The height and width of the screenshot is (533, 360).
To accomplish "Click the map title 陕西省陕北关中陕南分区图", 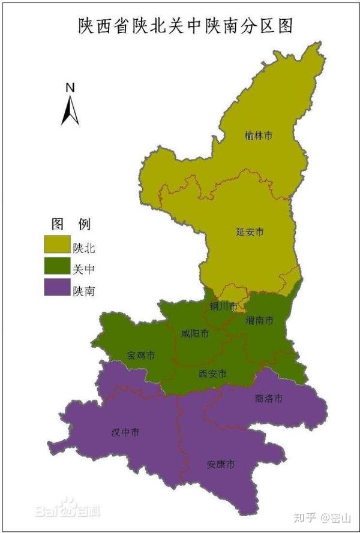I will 181,26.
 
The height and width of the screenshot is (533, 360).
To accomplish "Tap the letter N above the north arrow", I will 70,88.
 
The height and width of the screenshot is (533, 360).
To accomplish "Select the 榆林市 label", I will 259,137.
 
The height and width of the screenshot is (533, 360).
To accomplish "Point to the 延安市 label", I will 250,231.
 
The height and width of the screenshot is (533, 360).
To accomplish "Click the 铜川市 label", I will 223,306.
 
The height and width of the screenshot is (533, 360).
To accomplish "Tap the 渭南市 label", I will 259,321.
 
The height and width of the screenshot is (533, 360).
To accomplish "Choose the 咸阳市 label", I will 195,334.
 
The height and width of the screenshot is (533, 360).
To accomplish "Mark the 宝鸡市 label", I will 141,356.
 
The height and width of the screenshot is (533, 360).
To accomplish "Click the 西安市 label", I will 212,374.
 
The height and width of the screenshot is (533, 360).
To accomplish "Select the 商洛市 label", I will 268,398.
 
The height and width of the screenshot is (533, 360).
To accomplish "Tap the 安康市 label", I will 220,465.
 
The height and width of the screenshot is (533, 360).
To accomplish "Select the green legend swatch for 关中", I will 56,268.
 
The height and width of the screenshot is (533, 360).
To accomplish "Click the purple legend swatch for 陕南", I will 56,290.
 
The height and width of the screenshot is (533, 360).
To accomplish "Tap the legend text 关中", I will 83,269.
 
